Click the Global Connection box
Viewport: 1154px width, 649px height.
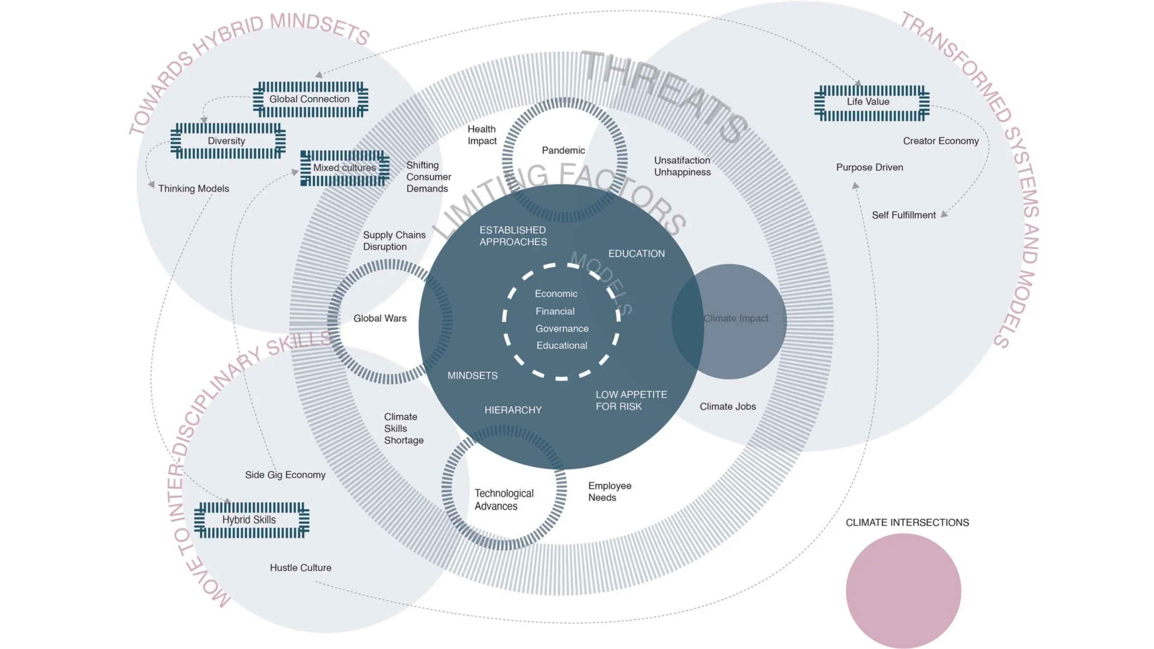click(310, 99)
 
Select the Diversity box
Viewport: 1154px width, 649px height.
click(227, 141)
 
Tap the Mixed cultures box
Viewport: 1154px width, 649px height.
click(345, 168)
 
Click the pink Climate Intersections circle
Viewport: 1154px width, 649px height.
click(903, 591)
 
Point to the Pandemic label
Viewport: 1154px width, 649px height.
click(563, 150)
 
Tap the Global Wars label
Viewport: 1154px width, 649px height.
click(380, 318)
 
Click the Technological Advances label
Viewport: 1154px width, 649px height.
click(503, 500)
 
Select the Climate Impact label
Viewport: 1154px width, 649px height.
click(736, 318)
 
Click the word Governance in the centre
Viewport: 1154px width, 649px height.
click(562, 328)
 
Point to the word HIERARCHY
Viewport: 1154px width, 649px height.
click(513, 410)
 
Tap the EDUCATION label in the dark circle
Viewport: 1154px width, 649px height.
click(636, 254)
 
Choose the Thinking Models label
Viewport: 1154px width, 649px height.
click(193, 189)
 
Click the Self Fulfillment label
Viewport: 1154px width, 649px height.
click(904, 215)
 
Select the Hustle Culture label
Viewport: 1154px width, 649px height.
click(301, 568)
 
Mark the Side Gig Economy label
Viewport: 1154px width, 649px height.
click(285, 475)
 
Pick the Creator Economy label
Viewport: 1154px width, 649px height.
click(940, 141)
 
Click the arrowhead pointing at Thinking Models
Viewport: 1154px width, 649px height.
click(151, 185)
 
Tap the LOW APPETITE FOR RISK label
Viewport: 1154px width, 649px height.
click(631, 401)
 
